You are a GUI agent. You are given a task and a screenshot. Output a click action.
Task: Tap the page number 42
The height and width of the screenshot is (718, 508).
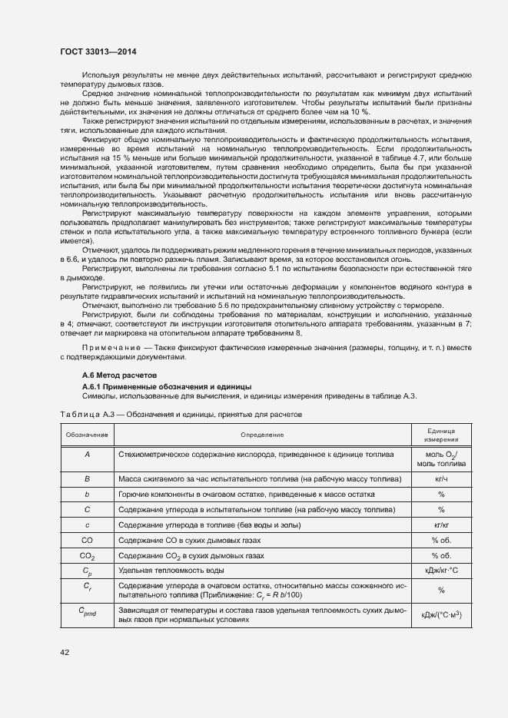[65, 651]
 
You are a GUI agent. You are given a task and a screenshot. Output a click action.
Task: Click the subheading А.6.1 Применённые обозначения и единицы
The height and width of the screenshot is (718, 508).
[167, 385]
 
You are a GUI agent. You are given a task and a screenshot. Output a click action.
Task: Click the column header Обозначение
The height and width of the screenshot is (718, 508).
[88, 435]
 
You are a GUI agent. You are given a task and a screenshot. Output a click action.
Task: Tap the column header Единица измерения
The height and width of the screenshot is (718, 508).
[441, 435]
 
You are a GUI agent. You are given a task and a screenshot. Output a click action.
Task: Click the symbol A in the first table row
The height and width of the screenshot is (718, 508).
[88, 455]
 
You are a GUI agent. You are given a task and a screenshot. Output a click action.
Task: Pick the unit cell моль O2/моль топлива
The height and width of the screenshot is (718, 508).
[441, 459]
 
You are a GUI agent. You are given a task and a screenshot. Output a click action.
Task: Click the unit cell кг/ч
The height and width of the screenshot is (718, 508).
[441, 478]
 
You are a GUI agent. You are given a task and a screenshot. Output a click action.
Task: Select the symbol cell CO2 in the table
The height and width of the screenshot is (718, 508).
[88, 554]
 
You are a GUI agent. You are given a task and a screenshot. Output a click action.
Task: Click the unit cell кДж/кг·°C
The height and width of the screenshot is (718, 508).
[441, 571]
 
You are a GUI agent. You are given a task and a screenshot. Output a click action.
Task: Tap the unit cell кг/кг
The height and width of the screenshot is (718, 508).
[441, 524]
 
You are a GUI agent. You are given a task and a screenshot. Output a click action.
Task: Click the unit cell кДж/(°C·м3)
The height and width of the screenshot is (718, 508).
[441, 615]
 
